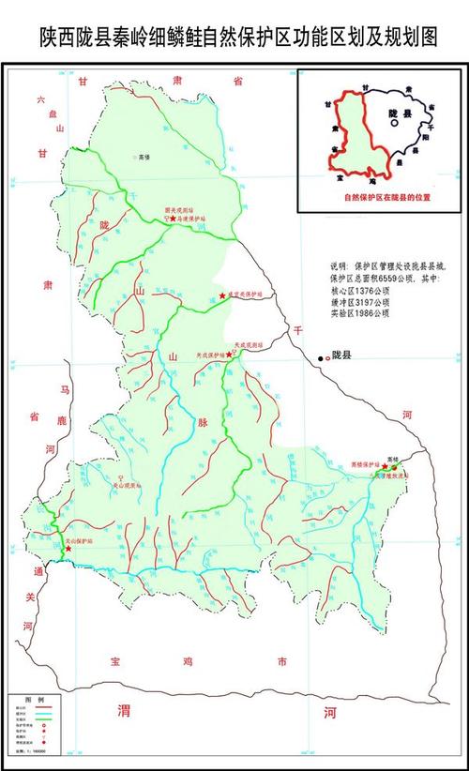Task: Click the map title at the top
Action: [234, 36]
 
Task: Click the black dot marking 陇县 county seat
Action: [321, 357]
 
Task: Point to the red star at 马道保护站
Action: [173, 219]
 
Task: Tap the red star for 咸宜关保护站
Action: [222, 296]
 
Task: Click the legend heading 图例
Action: [34, 701]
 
